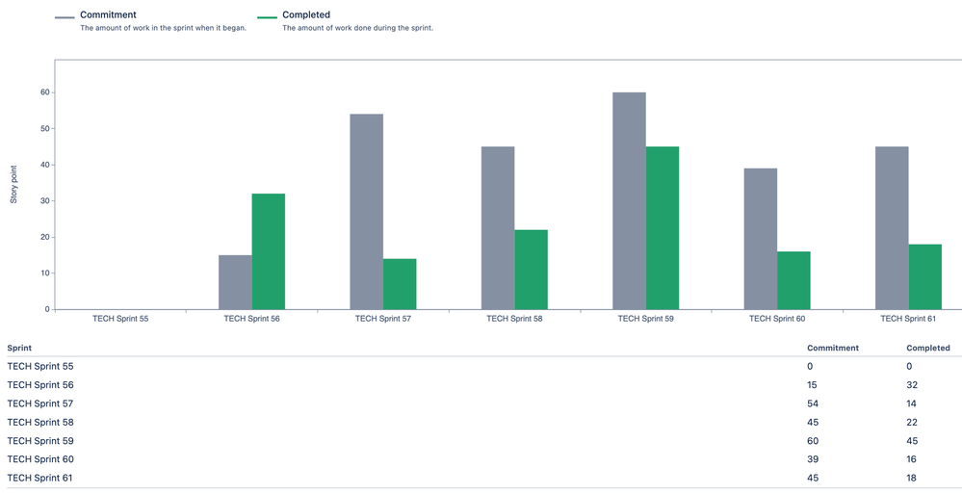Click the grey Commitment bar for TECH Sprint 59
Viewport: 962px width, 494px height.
[629, 200]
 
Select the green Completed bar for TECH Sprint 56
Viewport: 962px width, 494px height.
[269, 251]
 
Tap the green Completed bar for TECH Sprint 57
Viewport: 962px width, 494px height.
[400, 284]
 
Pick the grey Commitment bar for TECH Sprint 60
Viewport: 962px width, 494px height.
[760, 239]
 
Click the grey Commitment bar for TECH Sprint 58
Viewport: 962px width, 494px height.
[498, 227]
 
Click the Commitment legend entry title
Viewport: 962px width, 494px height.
[108, 15]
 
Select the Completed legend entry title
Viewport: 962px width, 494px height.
[306, 15]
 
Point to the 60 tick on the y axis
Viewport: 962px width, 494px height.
[44, 92]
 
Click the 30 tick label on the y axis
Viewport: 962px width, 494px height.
[44, 201]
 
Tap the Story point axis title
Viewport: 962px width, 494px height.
[14, 184]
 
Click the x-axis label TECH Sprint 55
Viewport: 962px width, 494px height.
[120, 318]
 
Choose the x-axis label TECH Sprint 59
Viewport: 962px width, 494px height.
[645, 318]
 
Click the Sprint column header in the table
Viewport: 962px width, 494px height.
[19, 348]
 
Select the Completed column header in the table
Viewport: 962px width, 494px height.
[927, 348]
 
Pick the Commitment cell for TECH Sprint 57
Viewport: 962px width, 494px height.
[813, 403]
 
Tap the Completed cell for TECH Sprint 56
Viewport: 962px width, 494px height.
[911, 385]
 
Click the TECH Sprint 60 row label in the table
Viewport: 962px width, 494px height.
[40, 459]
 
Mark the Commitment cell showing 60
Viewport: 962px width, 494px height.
[813, 441]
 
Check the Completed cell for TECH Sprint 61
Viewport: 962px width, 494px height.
[911, 478]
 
